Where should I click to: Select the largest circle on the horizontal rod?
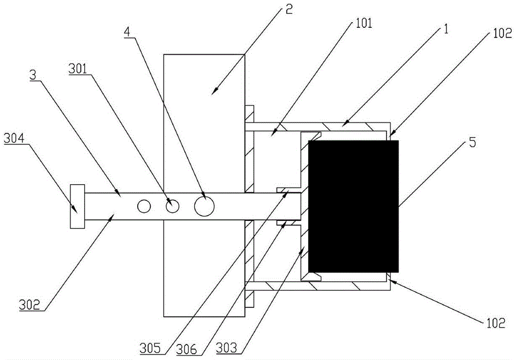(204, 206)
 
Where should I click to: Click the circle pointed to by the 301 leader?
(172, 206)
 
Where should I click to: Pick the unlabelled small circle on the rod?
(143, 206)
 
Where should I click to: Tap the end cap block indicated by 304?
(77, 206)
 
